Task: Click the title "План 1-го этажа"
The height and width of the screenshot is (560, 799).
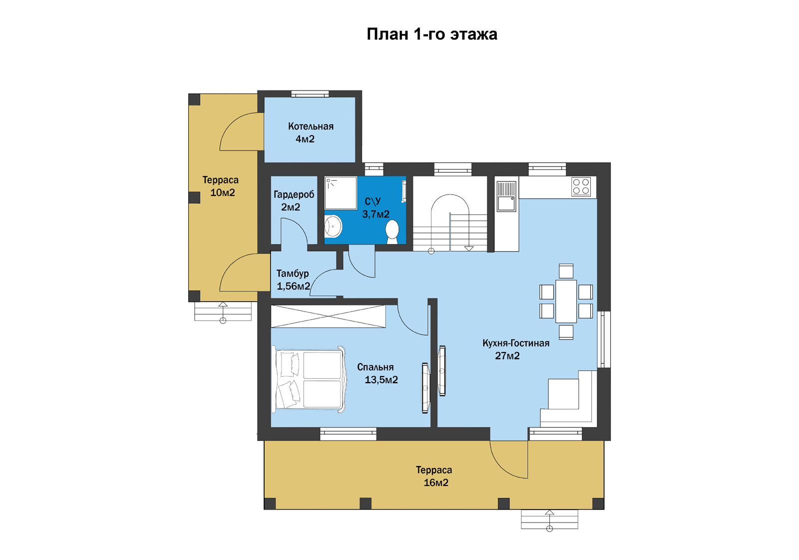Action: [x=432, y=34]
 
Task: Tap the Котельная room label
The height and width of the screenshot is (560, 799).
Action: [x=311, y=126]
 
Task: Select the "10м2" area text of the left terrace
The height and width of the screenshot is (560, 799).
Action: [x=223, y=193]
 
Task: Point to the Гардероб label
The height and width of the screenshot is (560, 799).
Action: [x=294, y=194]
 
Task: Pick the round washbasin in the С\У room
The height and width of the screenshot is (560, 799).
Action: [x=333, y=226]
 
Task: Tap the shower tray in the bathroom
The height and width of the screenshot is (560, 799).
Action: [x=341, y=193]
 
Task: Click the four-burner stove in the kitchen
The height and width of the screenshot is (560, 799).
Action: [x=581, y=187]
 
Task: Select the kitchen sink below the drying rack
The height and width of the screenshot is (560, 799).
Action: [x=506, y=203]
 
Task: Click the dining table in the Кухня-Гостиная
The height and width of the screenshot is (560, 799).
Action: [x=566, y=301]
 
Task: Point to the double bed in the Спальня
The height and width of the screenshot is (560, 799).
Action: [x=309, y=379]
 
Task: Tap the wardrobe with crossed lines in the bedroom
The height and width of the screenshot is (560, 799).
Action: [x=328, y=316]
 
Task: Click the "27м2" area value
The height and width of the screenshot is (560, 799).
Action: [x=507, y=356]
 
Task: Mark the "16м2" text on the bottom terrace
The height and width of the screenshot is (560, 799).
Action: [x=436, y=483]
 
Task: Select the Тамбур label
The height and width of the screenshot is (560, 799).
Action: [x=293, y=273]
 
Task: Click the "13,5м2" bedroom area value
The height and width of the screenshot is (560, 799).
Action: [x=381, y=380]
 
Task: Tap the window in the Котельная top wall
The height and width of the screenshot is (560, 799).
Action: [x=310, y=94]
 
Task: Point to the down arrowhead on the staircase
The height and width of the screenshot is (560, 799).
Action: [x=469, y=248]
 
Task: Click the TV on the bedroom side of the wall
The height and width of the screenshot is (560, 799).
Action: [x=425, y=388]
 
